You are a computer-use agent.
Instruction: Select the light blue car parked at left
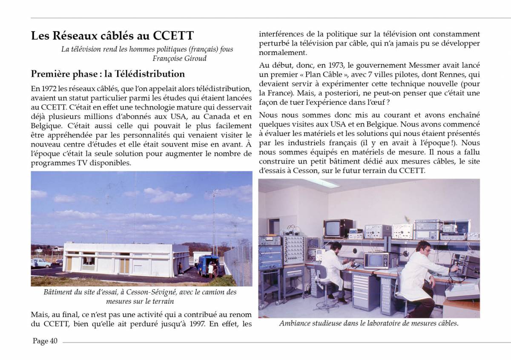[x=40, y=262]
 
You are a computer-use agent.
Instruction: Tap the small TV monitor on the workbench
[x=376, y=260]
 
